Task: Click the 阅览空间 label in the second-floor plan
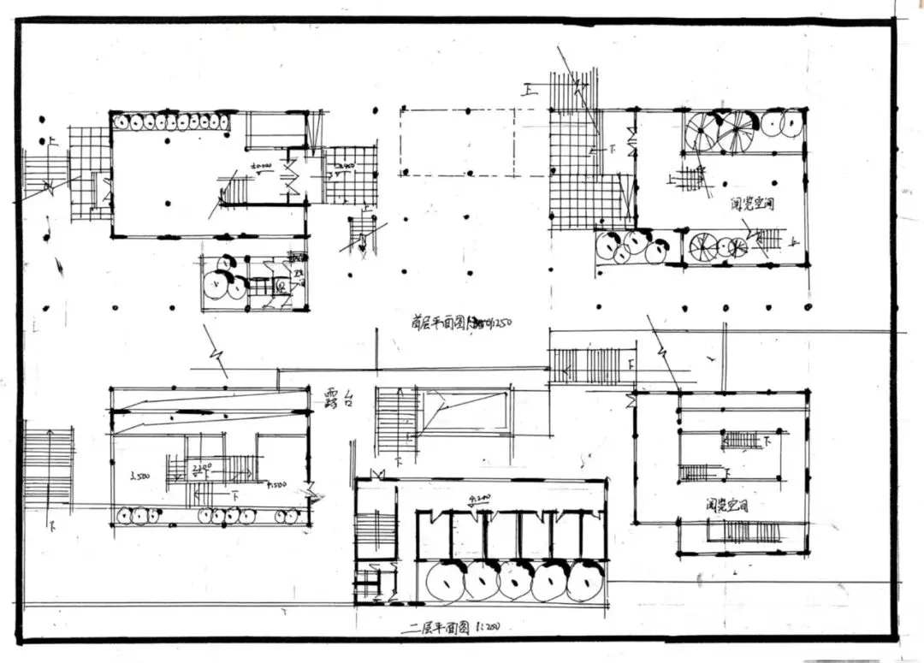[728, 506]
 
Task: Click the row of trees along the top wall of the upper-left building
[171, 121]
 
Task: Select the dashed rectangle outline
[458, 142]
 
